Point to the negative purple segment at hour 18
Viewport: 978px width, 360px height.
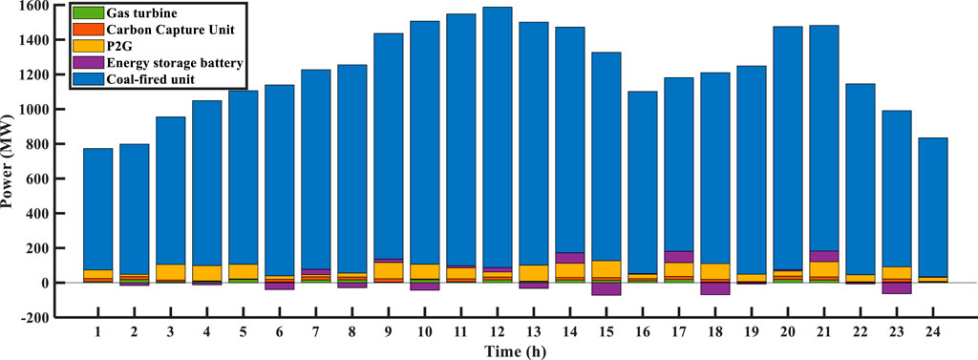[713, 288]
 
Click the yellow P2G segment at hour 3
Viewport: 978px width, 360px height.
[170, 272]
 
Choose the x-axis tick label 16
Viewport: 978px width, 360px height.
[641, 329]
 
